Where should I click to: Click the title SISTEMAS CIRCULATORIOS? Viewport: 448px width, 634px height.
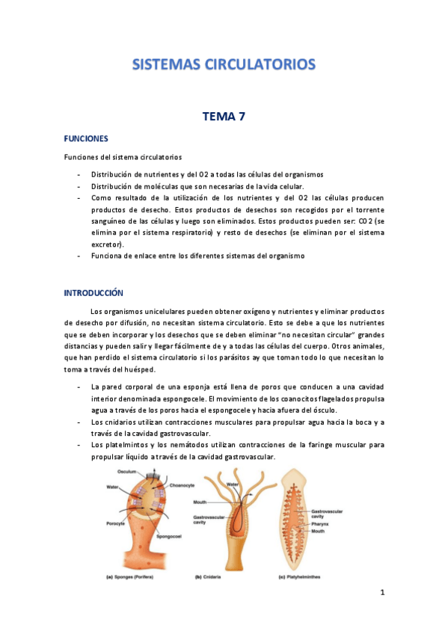pyautogui.click(x=224, y=64)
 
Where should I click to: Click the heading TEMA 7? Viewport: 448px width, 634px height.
pyautogui.click(x=224, y=116)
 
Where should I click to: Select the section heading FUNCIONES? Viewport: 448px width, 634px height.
pyautogui.click(x=86, y=139)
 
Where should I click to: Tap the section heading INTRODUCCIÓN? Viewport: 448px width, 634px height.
pyautogui.click(x=93, y=292)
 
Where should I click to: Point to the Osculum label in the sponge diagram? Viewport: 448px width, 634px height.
pyautogui.click(x=126, y=472)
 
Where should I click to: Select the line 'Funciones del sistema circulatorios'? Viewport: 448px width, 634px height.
pyautogui.click(x=122, y=158)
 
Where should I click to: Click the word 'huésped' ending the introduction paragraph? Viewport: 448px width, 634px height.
pyautogui.click(x=138, y=371)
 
